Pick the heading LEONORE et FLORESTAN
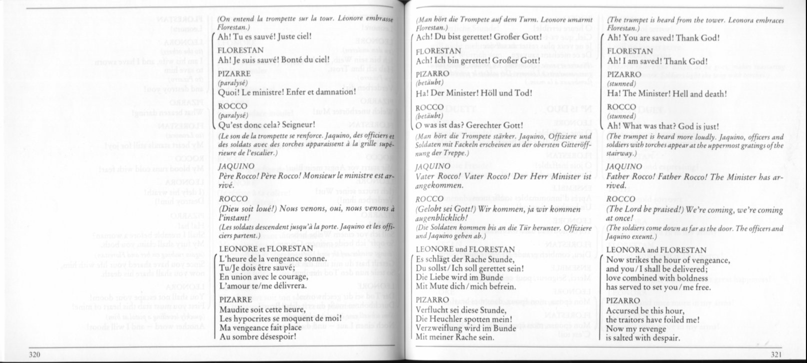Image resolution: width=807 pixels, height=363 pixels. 266,249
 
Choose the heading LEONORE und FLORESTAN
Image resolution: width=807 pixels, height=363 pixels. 465,249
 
